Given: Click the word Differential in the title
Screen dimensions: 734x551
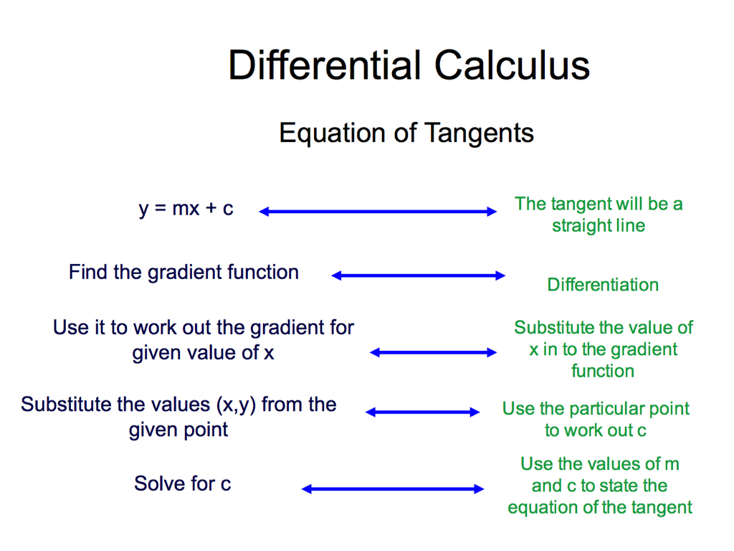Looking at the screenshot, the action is click(x=325, y=65).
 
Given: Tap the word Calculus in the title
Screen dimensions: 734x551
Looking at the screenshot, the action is click(x=512, y=65).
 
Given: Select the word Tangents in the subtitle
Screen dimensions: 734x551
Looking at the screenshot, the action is click(x=480, y=133).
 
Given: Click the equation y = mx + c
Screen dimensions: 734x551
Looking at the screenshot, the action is click(x=186, y=209).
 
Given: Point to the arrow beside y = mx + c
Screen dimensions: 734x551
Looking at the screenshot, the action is click(x=378, y=212).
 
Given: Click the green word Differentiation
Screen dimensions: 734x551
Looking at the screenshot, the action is click(x=603, y=285).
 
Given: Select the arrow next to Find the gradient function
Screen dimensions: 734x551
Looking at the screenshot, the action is click(x=418, y=275).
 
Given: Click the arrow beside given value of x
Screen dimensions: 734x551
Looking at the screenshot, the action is click(x=433, y=352).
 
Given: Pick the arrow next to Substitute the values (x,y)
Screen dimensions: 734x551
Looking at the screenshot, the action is click(x=422, y=413).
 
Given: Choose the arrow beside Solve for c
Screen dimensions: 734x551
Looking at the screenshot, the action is click(x=393, y=489).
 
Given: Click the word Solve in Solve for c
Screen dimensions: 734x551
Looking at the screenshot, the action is click(x=160, y=484).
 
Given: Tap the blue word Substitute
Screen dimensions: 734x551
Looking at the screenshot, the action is click(x=69, y=405).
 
